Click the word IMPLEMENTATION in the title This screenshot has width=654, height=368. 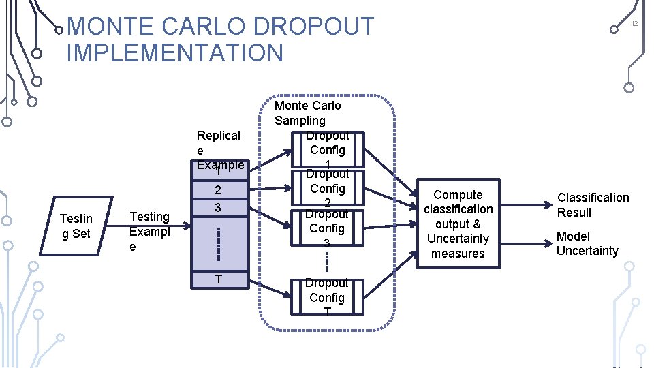(x=174, y=52)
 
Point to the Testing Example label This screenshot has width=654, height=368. (x=149, y=231)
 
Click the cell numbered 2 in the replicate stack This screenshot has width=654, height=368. (x=218, y=190)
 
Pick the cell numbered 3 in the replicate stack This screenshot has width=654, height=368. (x=218, y=206)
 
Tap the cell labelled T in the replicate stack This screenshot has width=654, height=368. (x=218, y=279)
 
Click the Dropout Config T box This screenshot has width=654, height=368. (x=327, y=297)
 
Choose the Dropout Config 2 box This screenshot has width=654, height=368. (x=327, y=189)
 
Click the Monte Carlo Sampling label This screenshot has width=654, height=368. (x=307, y=112)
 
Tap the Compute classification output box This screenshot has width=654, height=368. (x=458, y=224)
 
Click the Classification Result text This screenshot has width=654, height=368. (x=593, y=204)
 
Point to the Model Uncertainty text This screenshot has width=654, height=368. (x=587, y=243)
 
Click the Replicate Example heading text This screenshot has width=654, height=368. (x=219, y=149)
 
